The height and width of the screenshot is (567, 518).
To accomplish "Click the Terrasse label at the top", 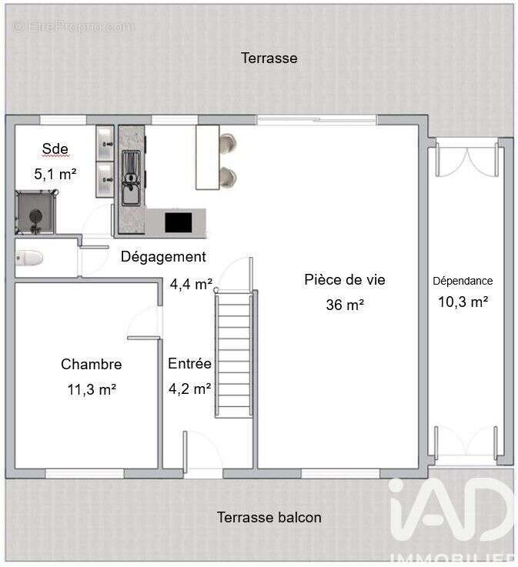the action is tap(269, 58).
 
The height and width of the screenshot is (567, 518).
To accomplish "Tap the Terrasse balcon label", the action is tap(269, 517).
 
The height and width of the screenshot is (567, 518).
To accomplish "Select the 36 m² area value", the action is tap(345, 305).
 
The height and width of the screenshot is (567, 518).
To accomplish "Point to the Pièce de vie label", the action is tap(345, 279).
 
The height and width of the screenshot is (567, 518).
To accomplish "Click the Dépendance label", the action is tap(463, 281).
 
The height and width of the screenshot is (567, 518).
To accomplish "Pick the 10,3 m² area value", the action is tap(463, 302).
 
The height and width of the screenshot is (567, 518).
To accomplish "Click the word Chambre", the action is tap(91, 364).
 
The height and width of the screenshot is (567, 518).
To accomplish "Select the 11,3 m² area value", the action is tap(92, 389).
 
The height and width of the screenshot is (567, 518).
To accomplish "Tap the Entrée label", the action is tap(189, 363).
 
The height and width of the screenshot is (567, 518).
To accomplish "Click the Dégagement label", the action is tap(163, 257).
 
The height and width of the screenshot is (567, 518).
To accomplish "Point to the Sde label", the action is tap(55, 148).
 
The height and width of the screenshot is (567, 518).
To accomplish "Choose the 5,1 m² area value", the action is tap(55, 174).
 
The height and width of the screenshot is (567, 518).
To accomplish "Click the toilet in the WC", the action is tap(29, 258).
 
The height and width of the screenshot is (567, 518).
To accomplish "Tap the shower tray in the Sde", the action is tap(35, 212).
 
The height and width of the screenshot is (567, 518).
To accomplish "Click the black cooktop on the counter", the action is tap(179, 222).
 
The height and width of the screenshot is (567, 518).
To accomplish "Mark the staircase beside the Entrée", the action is tap(234, 354).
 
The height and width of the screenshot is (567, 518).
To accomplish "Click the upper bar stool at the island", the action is tap(229, 143).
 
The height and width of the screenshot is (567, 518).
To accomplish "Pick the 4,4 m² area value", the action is tap(191, 284).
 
